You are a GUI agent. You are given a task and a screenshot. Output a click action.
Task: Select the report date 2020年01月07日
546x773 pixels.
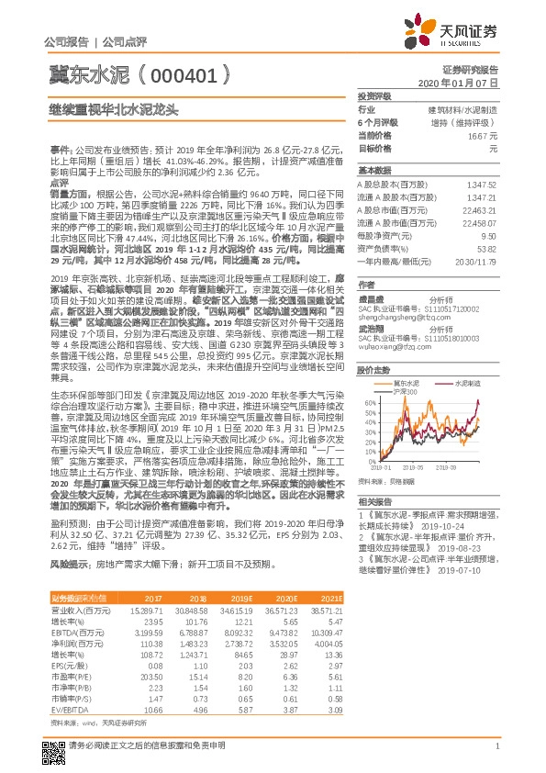[x=465, y=82]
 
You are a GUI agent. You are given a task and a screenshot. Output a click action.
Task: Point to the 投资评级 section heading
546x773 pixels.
[x=374, y=95]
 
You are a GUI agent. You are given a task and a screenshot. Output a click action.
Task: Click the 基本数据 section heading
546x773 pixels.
[x=374, y=171]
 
